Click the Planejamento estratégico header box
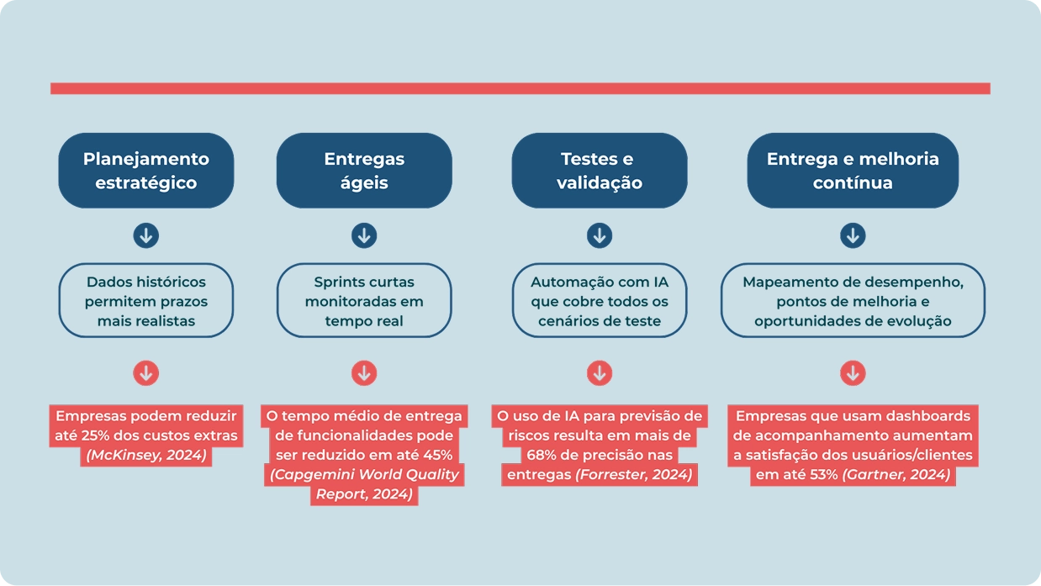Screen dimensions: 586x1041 [x=145, y=170]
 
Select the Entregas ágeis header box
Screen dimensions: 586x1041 [x=364, y=170]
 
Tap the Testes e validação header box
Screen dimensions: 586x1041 [x=599, y=170]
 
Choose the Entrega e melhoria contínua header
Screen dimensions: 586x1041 [x=852, y=170]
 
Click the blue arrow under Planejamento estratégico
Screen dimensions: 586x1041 [x=145, y=235]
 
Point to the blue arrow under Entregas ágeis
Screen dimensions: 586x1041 [x=364, y=235]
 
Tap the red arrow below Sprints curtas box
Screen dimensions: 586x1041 [x=364, y=372]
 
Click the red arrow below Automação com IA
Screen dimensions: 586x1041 [x=599, y=372]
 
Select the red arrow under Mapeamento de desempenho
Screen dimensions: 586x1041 [x=852, y=372]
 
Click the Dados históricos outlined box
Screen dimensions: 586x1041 [x=145, y=301]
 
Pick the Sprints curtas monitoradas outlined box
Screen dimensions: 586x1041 [x=364, y=301]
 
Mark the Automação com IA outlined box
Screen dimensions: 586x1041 [x=599, y=301]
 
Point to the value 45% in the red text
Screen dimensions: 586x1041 [x=436, y=455]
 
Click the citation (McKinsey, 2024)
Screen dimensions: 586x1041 [x=145, y=456]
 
